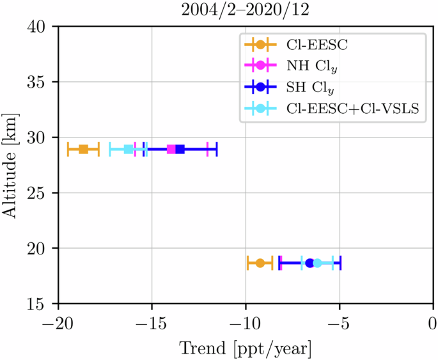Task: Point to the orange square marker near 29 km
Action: pos(83,150)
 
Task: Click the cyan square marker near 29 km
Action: pos(129,150)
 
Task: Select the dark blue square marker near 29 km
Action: pos(180,150)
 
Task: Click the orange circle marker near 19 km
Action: pos(260,263)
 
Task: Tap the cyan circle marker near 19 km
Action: pos(317,263)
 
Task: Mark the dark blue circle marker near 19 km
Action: pos(309,263)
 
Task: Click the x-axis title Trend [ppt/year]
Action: pos(246,348)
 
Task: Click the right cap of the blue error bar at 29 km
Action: pos(217,150)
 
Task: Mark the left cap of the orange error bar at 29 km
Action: pos(68,150)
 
